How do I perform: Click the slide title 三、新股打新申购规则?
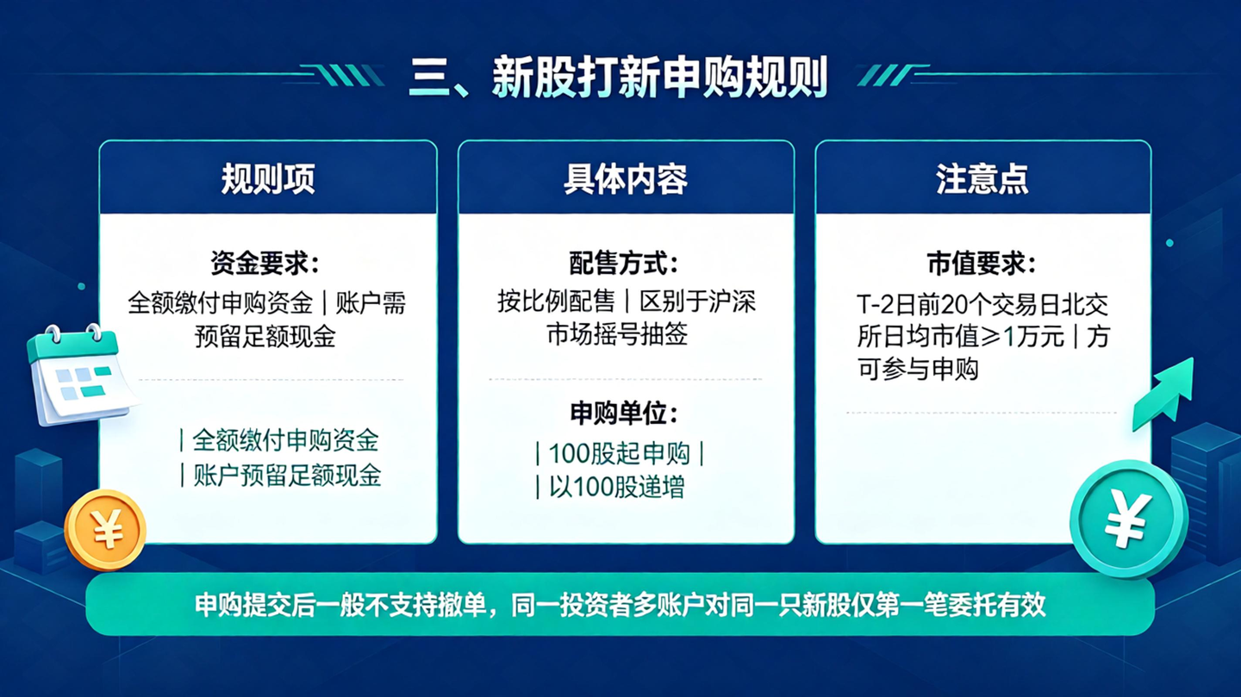click(x=618, y=78)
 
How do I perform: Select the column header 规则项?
click(x=268, y=178)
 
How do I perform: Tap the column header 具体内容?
click(x=626, y=178)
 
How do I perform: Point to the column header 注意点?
click(x=982, y=178)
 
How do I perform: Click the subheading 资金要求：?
click(x=265, y=263)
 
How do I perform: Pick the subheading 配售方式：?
click(x=624, y=263)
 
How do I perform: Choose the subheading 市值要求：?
click(x=982, y=263)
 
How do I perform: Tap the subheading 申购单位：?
click(x=624, y=413)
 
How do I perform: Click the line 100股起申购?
click(x=620, y=454)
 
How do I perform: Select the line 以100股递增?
click(x=617, y=487)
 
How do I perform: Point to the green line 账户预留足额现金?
click(x=287, y=475)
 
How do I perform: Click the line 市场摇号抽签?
click(x=617, y=334)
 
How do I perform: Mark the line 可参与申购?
click(x=918, y=369)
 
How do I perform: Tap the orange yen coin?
click(x=105, y=530)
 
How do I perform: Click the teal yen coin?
click(x=1129, y=520)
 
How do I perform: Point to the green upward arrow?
click(x=1163, y=395)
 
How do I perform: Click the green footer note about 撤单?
click(x=620, y=605)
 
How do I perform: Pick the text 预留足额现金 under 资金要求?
click(x=265, y=336)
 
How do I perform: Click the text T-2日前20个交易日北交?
click(x=982, y=304)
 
